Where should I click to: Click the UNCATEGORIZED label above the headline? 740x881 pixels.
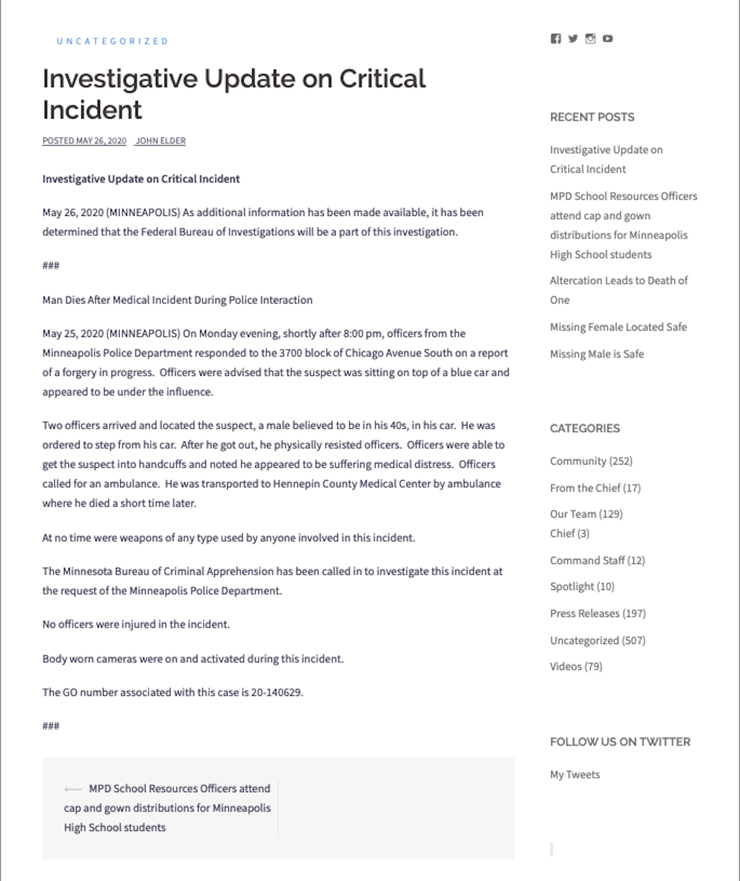[x=112, y=41]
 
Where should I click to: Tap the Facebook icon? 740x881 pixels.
[x=556, y=38]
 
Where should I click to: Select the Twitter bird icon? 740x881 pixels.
[x=573, y=38]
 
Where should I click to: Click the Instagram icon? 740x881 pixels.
[x=590, y=38]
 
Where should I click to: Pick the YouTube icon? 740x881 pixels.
[x=607, y=38]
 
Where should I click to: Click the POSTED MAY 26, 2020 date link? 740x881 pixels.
[x=84, y=141]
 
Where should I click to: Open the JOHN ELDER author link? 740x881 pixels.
[x=160, y=141]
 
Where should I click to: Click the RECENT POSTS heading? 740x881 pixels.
[x=592, y=117]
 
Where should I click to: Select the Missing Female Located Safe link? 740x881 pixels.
[x=618, y=327]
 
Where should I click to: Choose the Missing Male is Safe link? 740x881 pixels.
[x=596, y=354]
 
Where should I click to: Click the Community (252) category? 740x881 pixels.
[x=591, y=461]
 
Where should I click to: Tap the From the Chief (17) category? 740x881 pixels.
[x=595, y=488]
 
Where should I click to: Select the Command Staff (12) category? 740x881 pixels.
[x=597, y=560]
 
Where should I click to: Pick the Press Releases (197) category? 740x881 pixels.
[x=598, y=613]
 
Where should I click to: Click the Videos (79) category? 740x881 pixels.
[x=576, y=666]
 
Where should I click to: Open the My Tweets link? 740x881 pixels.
[x=575, y=774]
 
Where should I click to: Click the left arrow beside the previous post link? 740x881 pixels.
[x=72, y=789]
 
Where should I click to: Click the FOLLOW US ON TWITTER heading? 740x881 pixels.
[x=620, y=742]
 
